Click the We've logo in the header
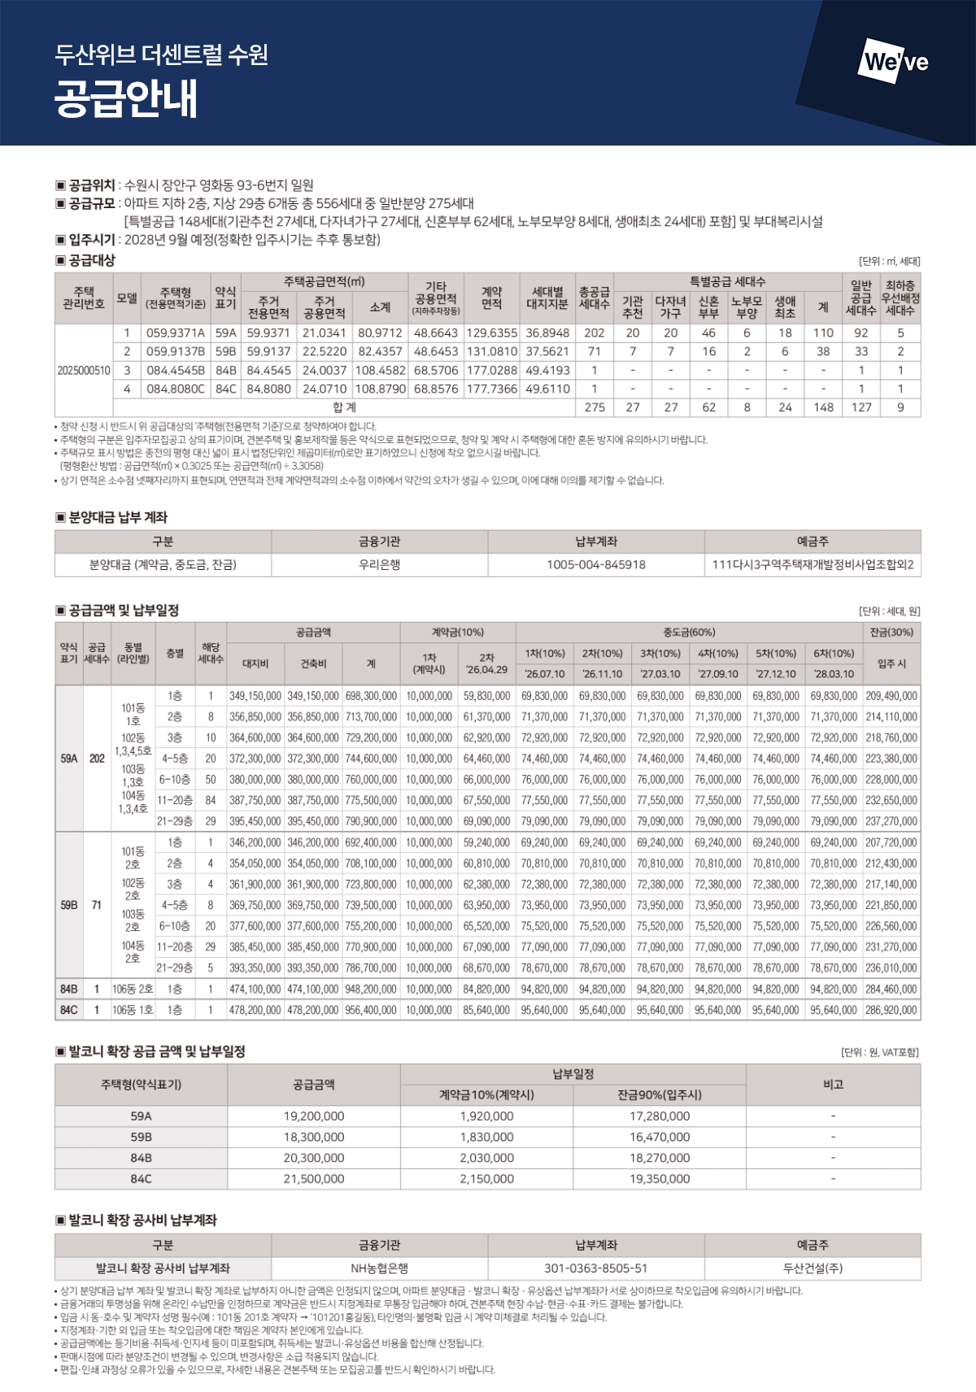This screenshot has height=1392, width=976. [895, 62]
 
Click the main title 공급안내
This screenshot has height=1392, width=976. [126, 101]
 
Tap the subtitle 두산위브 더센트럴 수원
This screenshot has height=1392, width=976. [161, 55]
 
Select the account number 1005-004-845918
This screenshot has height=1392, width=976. [596, 564]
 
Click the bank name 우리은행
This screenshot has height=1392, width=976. [379, 564]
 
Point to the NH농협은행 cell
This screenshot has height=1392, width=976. [379, 1268]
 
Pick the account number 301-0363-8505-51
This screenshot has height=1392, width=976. [596, 1268]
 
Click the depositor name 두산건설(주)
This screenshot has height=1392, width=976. [813, 1268]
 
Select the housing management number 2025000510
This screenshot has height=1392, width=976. [84, 370]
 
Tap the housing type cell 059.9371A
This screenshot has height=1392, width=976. [176, 333]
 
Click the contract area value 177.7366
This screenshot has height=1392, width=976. [492, 389]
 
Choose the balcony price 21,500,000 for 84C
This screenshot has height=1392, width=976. [314, 1178]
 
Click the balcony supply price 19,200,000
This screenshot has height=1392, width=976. [314, 1116]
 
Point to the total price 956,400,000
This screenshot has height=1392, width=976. [371, 1010]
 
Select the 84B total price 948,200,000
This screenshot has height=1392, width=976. [371, 989]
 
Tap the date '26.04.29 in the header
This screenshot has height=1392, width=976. [487, 670]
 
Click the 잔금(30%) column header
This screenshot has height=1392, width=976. [891, 632]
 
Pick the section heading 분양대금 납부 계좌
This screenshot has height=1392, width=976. [118, 517]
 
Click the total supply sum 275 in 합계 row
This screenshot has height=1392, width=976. [595, 407]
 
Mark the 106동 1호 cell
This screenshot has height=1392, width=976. [133, 1010]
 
